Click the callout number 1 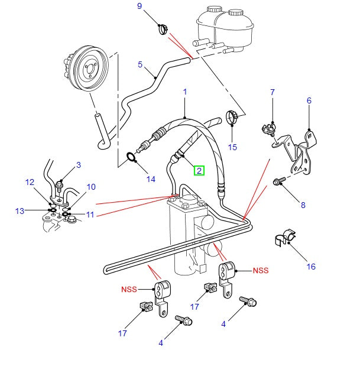[x=185, y=92]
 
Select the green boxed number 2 [x=200, y=171]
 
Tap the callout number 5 [x=141, y=64]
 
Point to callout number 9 [x=140, y=7]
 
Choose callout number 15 [x=233, y=147]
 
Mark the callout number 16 [x=311, y=267]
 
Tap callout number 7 [x=273, y=93]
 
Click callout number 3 [x=78, y=165]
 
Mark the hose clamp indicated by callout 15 [x=232, y=119]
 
